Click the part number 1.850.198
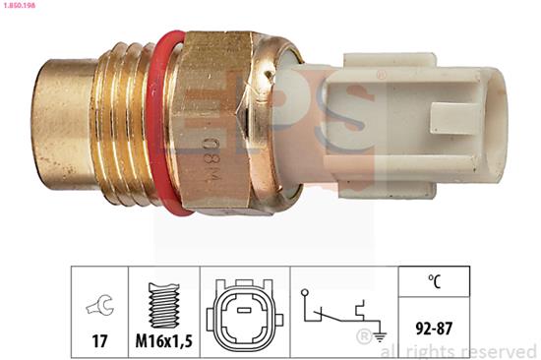click(22, 6)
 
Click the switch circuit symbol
click(333, 311)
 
